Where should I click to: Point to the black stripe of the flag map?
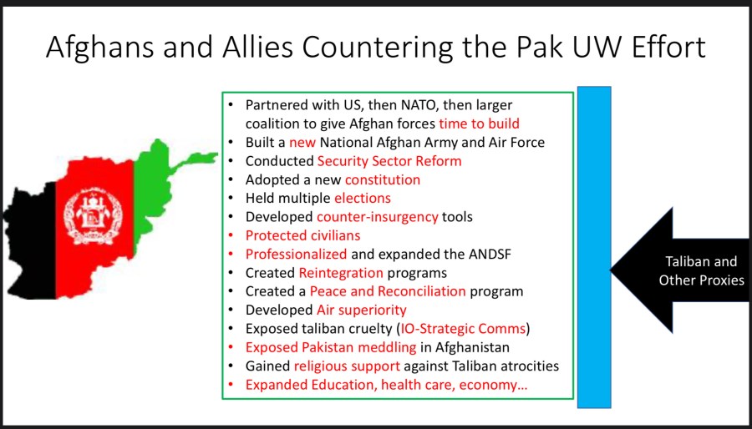pos(30,241)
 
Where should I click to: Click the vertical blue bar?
pos(594,247)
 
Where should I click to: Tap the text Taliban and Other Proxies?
pos(701,270)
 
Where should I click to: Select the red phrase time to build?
pos(479,124)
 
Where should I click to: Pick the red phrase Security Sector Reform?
pos(389,161)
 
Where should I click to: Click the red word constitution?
pos(382,179)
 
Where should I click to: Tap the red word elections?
pos(362,198)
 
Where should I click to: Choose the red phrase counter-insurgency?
pos(378,217)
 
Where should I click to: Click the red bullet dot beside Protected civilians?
pos(231,236)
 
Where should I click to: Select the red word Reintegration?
pos(341,273)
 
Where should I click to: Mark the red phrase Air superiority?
pos(362,310)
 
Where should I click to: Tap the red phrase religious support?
pos(347,366)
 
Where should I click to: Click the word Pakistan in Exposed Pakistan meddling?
pos(329,347)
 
